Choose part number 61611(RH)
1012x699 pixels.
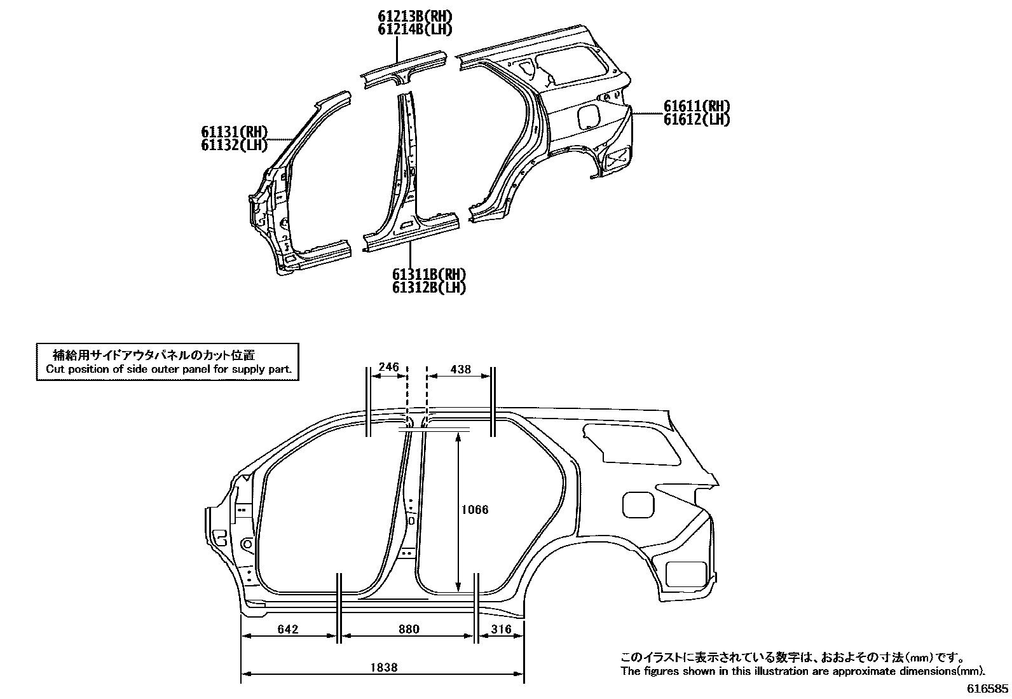(697, 106)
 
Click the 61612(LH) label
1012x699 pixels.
(697, 119)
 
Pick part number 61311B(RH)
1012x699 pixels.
(429, 275)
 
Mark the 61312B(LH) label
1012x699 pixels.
(429, 287)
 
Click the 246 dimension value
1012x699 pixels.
(388, 367)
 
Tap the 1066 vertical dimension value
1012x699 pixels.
(475, 509)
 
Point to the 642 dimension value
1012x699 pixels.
(288, 629)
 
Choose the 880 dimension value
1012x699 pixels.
(409, 629)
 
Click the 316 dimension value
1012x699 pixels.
(502, 629)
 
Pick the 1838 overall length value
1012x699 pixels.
(383, 667)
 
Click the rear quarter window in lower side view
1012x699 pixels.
(629, 442)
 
